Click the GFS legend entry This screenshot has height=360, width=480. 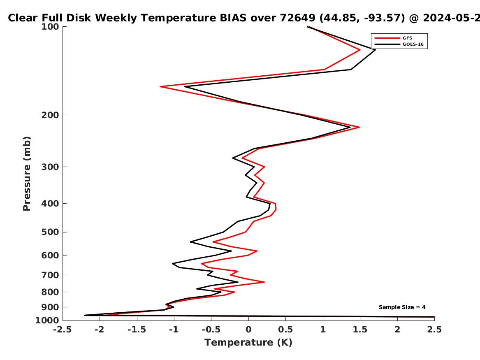click(407, 38)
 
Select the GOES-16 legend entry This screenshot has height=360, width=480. click(413, 44)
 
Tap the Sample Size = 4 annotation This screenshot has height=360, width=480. click(402, 307)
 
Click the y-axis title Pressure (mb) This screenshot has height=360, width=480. click(27, 174)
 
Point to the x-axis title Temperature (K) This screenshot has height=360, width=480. click(248, 342)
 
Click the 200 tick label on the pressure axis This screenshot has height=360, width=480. click(50, 115)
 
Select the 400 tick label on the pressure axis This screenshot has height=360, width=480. click(50, 203)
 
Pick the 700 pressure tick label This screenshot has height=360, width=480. click(50, 275)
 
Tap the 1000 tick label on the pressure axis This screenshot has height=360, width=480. click(47, 321)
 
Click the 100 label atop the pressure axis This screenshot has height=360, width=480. click(50, 27)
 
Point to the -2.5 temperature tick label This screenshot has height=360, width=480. click(63, 330)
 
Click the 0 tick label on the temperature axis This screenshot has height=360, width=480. click(248, 330)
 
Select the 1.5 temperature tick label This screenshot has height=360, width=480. click(360, 330)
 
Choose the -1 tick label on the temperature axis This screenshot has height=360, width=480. click(174, 330)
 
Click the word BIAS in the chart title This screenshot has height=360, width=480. click(233, 18)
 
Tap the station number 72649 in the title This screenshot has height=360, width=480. click(297, 18)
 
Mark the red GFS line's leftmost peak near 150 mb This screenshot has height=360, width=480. click(160, 87)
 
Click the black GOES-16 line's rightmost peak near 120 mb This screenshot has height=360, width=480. click(375, 50)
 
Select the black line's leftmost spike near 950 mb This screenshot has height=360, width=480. click(84, 315)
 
